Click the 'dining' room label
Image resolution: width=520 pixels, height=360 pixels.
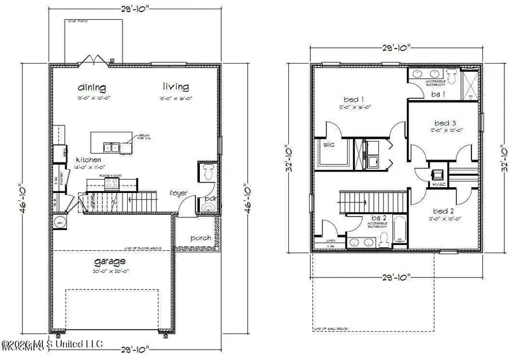click(92, 88)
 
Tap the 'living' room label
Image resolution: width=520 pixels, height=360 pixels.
click(175, 87)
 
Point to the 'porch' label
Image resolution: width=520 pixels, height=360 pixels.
click(200, 237)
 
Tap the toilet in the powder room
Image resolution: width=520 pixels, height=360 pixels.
click(209, 172)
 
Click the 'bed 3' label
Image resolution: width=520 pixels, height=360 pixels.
click(445, 123)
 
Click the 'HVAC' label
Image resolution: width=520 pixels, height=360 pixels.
click(437, 185)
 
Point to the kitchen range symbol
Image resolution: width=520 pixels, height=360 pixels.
click(110, 184)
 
